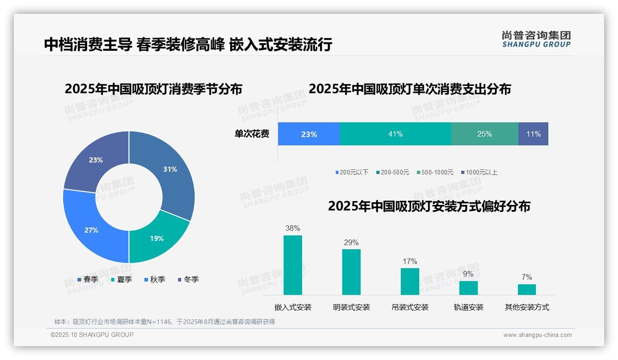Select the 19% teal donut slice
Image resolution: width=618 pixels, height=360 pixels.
click(x=154, y=238)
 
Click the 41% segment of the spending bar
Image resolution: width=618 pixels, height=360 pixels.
click(x=395, y=134)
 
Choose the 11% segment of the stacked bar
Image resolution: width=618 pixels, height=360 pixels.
click(x=533, y=134)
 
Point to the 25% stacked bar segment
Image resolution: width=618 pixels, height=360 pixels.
click(x=484, y=134)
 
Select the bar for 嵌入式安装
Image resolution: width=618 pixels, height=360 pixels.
click(x=292, y=265)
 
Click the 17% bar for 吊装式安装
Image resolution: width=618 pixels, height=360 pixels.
click(x=410, y=281)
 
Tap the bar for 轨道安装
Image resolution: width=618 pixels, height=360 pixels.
click(x=468, y=288)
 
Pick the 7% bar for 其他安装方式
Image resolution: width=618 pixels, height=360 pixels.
click(x=527, y=289)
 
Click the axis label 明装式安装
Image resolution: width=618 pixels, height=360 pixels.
click(x=351, y=307)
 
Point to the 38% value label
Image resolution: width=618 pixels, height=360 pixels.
click(x=292, y=228)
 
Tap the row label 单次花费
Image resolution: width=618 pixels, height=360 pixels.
click(x=252, y=134)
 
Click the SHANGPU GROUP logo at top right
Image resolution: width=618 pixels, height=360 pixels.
click(x=536, y=39)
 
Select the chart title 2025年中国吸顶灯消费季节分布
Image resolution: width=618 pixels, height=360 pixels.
click(x=154, y=89)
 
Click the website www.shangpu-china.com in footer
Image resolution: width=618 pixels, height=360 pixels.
click(x=537, y=335)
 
